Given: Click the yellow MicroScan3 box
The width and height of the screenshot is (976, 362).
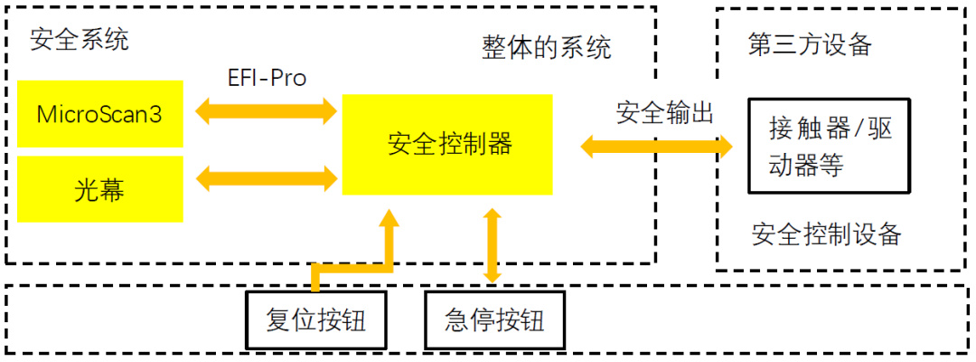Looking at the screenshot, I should (x=100, y=114).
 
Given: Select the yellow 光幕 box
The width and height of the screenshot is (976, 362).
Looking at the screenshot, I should (x=100, y=188).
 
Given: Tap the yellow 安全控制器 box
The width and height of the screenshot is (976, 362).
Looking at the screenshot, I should (x=447, y=144).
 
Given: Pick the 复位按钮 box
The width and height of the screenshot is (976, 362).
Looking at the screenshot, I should (x=315, y=321).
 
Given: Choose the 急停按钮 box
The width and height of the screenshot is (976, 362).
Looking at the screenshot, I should (x=494, y=321).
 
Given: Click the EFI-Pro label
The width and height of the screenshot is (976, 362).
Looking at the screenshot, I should (x=267, y=78).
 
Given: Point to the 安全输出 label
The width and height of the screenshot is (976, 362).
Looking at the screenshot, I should (x=665, y=113).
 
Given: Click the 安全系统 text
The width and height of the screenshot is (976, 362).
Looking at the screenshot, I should (x=80, y=40).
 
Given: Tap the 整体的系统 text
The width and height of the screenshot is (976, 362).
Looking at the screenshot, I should (x=546, y=47).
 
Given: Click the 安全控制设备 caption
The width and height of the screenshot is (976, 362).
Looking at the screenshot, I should (x=826, y=234).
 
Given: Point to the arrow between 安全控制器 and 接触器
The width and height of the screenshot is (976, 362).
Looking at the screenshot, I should (x=655, y=145).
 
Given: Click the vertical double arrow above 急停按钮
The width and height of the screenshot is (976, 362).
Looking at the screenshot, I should (x=493, y=245).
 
